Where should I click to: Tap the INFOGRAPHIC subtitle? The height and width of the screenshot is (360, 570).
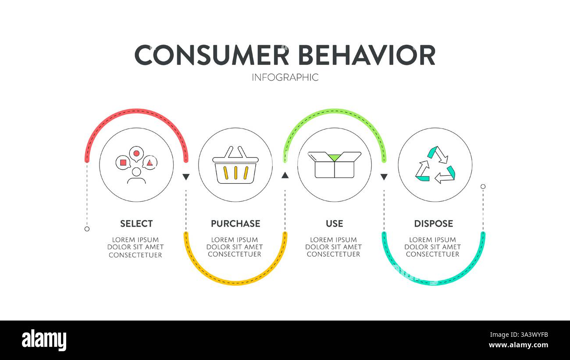pyautogui.click(x=285, y=78)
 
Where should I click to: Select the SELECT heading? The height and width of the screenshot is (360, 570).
pyautogui.click(x=136, y=224)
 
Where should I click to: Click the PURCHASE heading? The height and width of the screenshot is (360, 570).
pyautogui.click(x=235, y=224)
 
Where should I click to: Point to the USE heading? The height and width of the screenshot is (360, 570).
pyautogui.click(x=334, y=224)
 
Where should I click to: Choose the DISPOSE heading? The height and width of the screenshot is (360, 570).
pyautogui.click(x=433, y=224)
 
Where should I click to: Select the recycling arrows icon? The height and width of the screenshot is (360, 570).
pyautogui.click(x=435, y=165)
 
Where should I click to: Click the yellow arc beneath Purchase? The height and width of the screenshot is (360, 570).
pyautogui.click(x=235, y=282)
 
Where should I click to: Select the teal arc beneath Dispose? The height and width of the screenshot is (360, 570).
pyautogui.click(x=433, y=282)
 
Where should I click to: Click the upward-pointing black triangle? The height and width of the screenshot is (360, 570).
pyautogui.click(x=285, y=176)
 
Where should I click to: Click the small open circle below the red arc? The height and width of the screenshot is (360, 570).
pyautogui.click(x=87, y=229)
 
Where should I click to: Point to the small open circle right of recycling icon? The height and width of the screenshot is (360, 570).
pyautogui.click(x=483, y=186)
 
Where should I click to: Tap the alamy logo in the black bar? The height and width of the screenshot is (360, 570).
pyautogui.click(x=44, y=340)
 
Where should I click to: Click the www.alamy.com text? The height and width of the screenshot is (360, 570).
pyautogui.click(x=518, y=346)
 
